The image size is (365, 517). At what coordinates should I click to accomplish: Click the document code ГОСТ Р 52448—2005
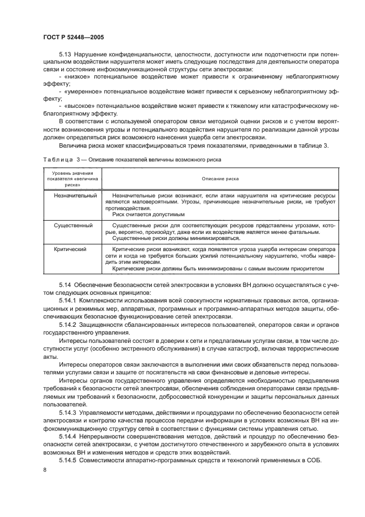[73, 36]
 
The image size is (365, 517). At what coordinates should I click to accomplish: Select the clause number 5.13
[67, 55]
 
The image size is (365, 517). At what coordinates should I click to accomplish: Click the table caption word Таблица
[56, 159]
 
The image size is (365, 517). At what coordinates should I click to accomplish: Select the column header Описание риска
[220, 179]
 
